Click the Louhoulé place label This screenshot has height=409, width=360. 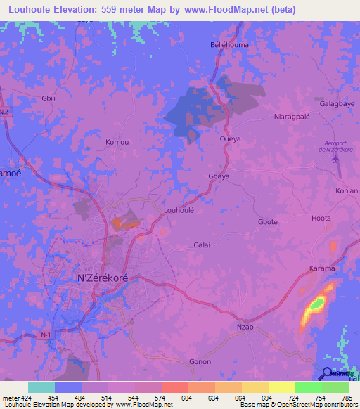pos(178,209)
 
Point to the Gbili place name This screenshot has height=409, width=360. pos(49,98)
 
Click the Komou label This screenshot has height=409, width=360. pos(117,142)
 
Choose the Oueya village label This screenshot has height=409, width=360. pos(230,139)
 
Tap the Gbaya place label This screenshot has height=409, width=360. pos(219,176)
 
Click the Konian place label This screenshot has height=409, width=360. pos(346,191)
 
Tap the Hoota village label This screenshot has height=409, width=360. pos(321,219)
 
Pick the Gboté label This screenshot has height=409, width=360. pos(268,222)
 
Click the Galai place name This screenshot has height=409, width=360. pos(202,245)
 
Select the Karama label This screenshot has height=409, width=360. pos(322,269)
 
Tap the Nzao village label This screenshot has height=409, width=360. pos(245,327)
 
